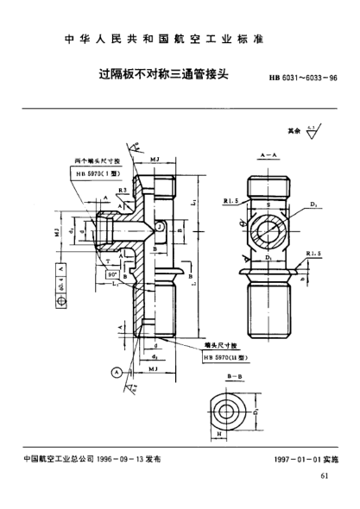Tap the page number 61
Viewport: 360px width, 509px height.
[324, 475]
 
